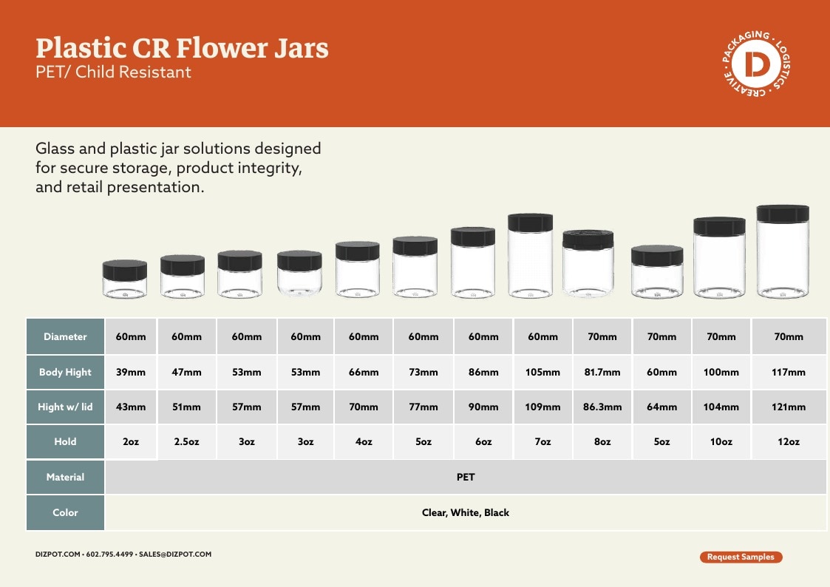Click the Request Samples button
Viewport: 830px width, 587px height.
tap(741, 557)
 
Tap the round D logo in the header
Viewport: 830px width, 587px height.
tap(757, 64)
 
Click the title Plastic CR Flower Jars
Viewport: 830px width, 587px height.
tap(182, 47)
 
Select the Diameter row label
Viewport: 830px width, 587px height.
tap(65, 336)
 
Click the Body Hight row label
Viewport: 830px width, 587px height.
tap(65, 372)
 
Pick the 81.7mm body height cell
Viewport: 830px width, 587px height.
tap(602, 372)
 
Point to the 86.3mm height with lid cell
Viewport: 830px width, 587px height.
tap(602, 407)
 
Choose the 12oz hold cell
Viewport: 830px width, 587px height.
tap(789, 441)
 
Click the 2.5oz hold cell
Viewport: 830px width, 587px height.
tap(186, 441)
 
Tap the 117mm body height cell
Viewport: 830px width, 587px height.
tap(789, 372)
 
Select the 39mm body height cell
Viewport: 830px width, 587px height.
tap(131, 372)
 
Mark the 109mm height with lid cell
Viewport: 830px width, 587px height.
tap(542, 407)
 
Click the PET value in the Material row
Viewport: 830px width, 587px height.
tap(466, 477)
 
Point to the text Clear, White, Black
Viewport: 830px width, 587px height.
tap(466, 512)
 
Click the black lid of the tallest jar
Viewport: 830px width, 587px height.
tap(783, 214)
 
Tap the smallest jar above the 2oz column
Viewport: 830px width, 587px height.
tap(124, 279)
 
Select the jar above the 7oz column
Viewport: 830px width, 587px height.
tap(530, 256)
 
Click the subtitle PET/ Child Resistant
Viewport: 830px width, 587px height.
tap(113, 72)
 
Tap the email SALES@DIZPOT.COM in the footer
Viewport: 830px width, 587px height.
tap(175, 554)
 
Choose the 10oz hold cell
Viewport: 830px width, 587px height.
tap(721, 441)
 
